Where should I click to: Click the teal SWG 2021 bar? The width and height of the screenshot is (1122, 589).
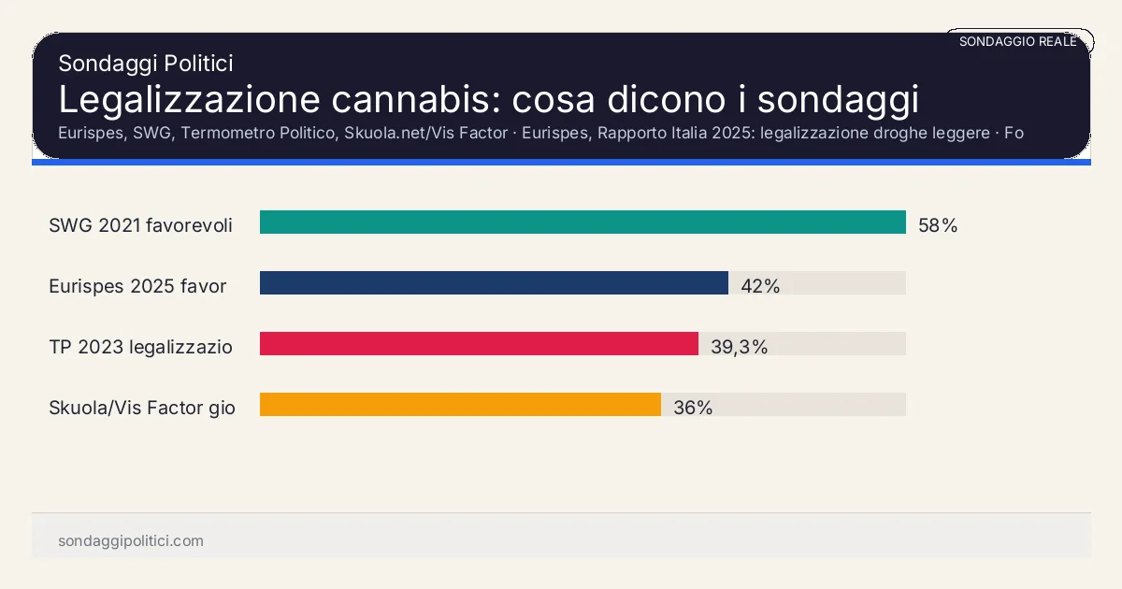[x=583, y=223]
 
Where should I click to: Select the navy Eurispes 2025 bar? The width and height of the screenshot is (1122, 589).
[x=494, y=283]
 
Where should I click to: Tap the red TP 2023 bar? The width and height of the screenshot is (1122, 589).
[x=479, y=344]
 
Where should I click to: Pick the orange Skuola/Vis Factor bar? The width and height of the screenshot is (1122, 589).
[x=460, y=405]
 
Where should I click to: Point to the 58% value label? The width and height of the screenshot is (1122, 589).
[x=938, y=225]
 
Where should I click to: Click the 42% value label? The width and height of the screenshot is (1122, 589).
[x=760, y=286]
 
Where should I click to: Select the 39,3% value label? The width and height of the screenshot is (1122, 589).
[x=739, y=347]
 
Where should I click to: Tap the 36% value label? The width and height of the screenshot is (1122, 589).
[x=693, y=408]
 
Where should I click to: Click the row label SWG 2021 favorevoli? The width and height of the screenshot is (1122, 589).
[x=140, y=225]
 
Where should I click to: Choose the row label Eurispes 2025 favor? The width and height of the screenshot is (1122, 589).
[x=137, y=286]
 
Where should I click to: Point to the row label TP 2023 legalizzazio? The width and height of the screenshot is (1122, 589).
[x=140, y=347]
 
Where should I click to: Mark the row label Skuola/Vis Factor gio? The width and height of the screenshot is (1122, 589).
[x=142, y=408]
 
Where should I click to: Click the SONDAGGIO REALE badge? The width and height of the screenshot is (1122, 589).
[x=1018, y=41]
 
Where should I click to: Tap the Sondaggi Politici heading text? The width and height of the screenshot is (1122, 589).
[x=145, y=64]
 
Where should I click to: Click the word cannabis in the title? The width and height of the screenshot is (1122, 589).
[x=412, y=99]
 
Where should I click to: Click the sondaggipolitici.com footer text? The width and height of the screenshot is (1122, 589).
[x=131, y=541]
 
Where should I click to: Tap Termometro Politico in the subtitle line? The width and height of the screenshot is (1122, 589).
[x=258, y=133]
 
